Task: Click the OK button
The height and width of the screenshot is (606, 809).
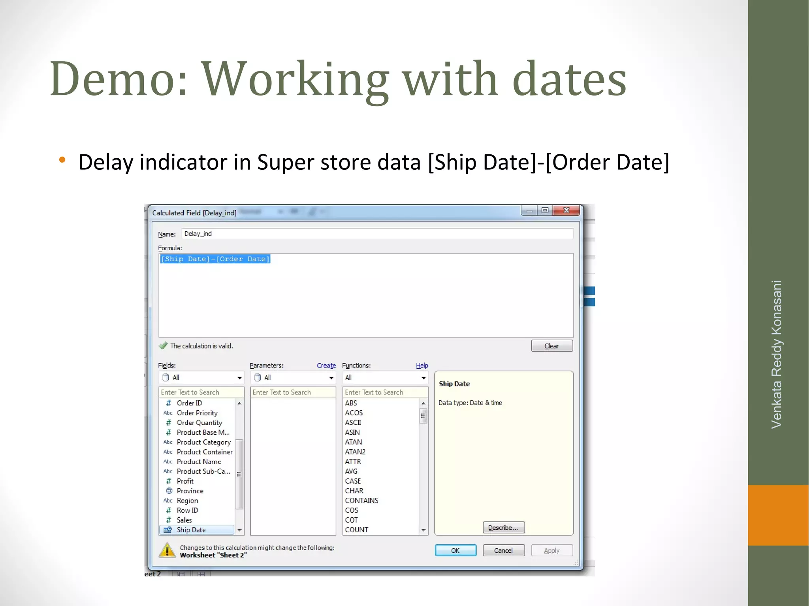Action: tap(455, 550)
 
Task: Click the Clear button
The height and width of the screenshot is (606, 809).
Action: tap(551, 346)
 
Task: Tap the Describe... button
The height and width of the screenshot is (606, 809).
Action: tap(503, 527)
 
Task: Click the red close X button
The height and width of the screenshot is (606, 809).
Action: tap(566, 210)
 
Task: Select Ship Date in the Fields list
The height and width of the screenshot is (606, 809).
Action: tap(191, 530)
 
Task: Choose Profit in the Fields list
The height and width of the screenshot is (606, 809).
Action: tap(185, 481)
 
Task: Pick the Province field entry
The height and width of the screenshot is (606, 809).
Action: tap(190, 491)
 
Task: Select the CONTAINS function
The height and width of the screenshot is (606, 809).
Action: tap(361, 501)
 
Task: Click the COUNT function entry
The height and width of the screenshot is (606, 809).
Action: tap(356, 530)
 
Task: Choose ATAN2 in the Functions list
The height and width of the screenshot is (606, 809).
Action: tap(355, 452)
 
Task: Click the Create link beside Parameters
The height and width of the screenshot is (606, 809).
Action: tap(326, 366)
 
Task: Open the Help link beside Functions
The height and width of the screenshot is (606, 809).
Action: tap(422, 366)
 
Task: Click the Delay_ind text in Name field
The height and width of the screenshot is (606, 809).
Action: tap(198, 234)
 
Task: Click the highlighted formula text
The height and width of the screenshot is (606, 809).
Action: tap(215, 259)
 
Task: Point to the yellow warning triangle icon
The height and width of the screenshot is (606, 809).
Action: tap(167, 550)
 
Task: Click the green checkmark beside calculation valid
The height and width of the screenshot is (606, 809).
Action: tap(163, 346)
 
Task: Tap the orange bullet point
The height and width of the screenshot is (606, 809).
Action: tap(62, 160)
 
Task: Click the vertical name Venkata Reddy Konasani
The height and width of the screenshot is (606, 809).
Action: tap(777, 354)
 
